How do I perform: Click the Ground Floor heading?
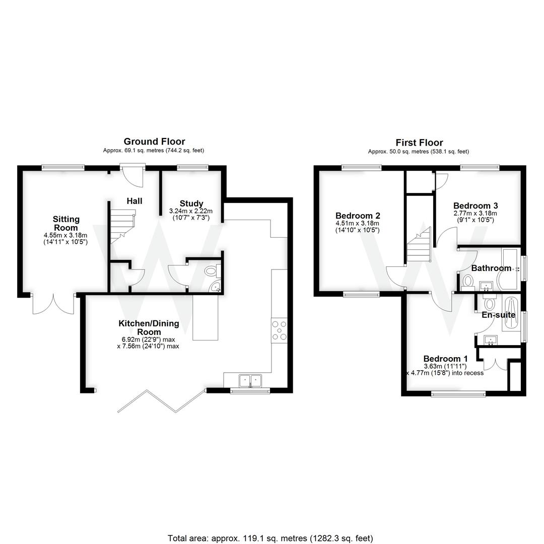pos(154,142)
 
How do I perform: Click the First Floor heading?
pos(419,143)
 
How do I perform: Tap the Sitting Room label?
pos(66,223)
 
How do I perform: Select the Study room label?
pos(191,204)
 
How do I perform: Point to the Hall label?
pos(134,201)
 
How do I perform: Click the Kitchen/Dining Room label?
pos(149,327)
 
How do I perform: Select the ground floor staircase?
pos(122,227)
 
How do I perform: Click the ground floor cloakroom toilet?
pos(212,272)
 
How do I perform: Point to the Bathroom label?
pos(491,268)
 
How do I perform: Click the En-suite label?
pos(498,315)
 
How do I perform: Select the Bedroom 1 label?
pos(442,359)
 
